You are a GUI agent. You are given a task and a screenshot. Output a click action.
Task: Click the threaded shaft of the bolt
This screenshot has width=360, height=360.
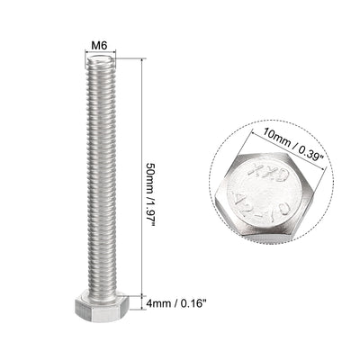[101, 180]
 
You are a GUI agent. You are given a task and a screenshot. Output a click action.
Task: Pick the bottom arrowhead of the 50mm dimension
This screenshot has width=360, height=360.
[141, 297]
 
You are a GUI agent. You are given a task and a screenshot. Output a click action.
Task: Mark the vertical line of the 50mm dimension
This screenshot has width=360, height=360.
[141, 117]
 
